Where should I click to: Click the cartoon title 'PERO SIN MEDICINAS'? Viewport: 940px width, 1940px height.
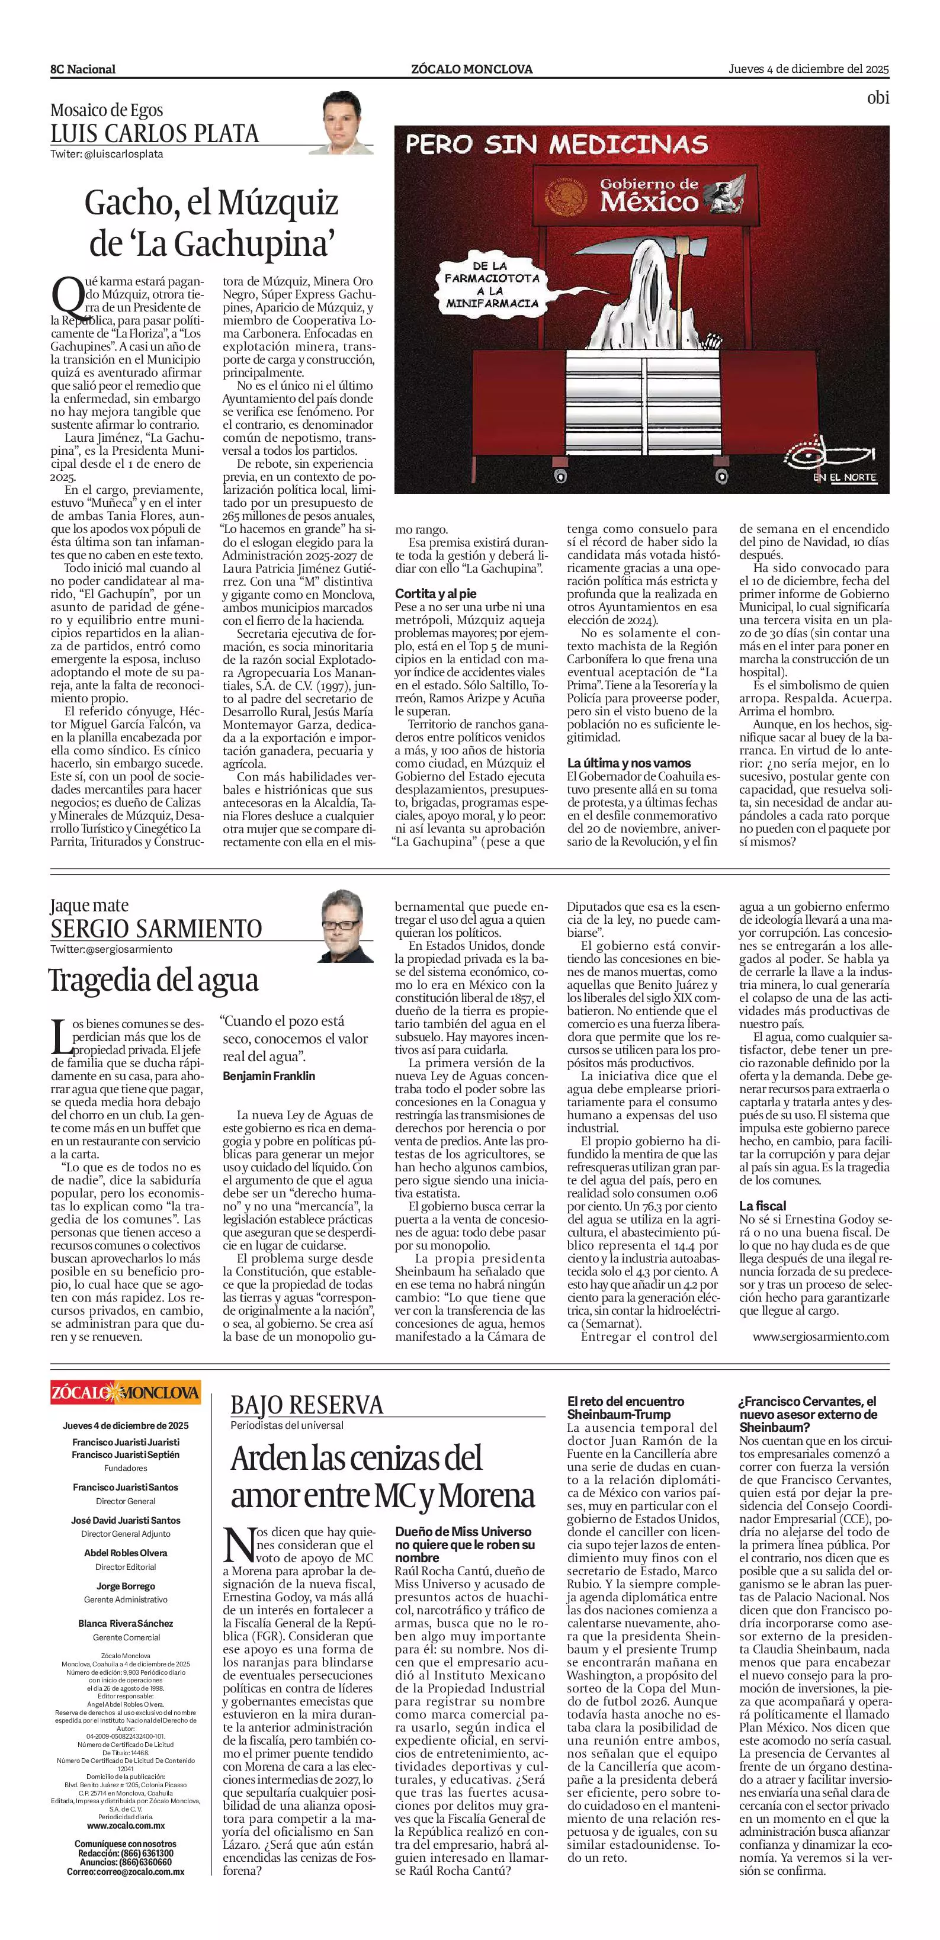coord(556,144)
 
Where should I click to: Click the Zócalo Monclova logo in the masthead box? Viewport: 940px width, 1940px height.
coord(125,1392)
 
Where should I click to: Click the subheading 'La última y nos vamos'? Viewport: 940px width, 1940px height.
coord(628,763)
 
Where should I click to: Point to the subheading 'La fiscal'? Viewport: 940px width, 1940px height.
coord(762,1206)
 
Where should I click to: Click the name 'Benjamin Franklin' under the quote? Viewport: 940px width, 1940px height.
coord(269,1075)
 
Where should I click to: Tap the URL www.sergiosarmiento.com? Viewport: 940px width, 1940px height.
coord(820,1337)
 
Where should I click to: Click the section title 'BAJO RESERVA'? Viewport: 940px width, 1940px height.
coord(307,1405)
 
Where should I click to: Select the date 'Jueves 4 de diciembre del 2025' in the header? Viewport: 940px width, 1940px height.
coord(808,69)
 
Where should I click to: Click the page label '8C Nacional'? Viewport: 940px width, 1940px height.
coord(83,69)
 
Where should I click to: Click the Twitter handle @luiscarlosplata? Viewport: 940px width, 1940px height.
coord(107,153)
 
